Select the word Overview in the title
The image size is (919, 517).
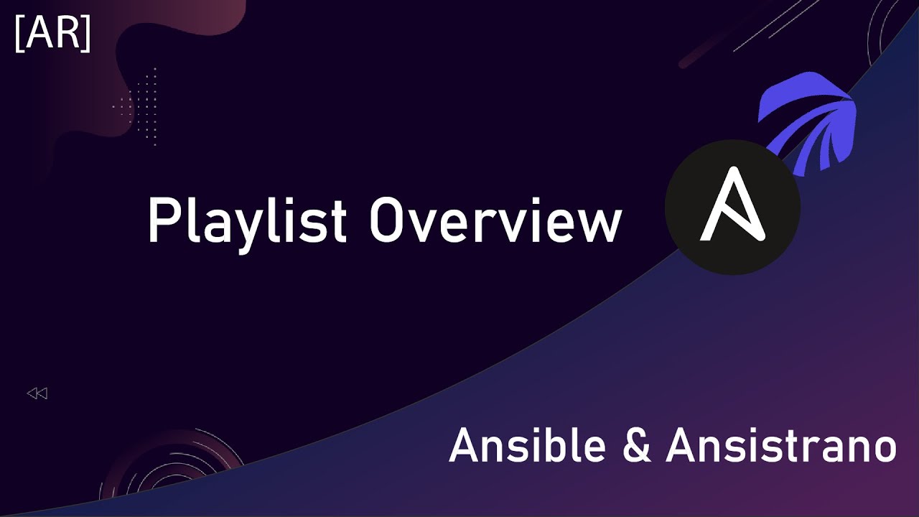click(495, 220)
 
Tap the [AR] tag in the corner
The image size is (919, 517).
click(52, 33)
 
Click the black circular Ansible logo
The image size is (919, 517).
click(733, 208)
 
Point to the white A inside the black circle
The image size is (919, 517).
click(733, 205)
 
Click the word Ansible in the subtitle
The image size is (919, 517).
click(528, 445)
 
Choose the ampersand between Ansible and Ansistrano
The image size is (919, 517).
click(636, 446)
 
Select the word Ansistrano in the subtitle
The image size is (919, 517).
click(781, 445)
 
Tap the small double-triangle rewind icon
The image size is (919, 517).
click(37, 393)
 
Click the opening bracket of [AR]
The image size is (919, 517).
click(19, 34)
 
